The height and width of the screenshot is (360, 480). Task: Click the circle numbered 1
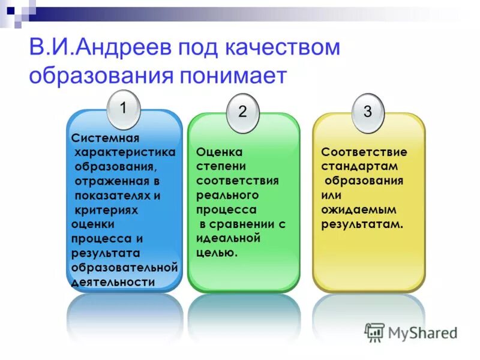coord(123,109)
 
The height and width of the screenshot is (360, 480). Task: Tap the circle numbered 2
coord(242,112)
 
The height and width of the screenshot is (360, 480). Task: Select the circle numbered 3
coord(368,112)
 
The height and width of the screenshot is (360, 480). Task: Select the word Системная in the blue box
coord(101,137)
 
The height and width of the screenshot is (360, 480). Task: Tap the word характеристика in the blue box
coord(125,152)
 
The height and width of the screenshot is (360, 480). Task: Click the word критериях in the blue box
coord(106,210)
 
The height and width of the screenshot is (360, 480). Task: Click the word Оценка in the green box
coord(219,152)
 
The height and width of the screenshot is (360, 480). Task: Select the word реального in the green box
coord(227,195)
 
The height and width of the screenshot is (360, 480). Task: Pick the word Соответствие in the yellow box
coord(364,152)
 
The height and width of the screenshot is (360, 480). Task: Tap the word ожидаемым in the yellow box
coord(358,209)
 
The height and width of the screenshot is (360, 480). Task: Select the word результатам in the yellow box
coord(362,224)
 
